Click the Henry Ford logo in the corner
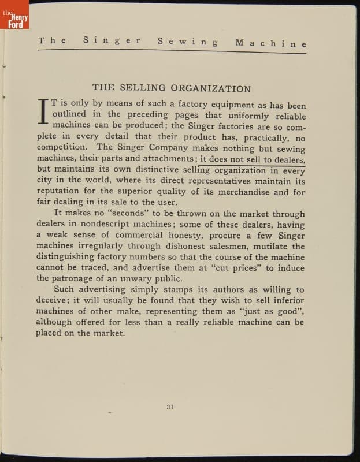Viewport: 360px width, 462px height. click(x=14, y=14)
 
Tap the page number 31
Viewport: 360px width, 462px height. click(x=170, y=407)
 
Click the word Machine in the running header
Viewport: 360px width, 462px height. click(x=270, y=43)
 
